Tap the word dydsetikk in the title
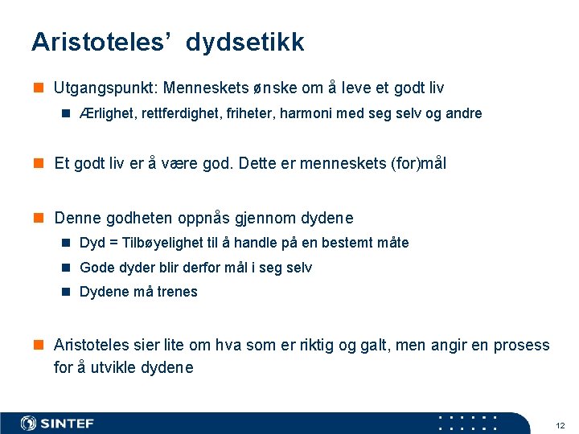245,43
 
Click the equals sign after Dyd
113,243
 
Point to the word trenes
177,292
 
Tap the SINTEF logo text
68,424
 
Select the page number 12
561,424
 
